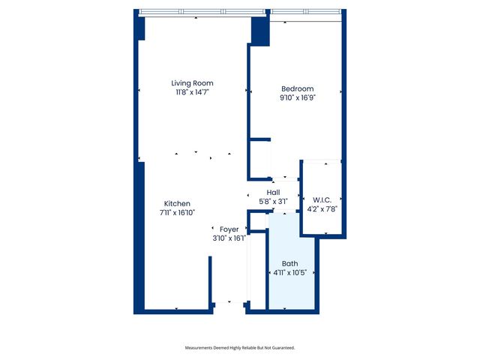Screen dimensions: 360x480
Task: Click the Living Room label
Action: [x=192, y=83]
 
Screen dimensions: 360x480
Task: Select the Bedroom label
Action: [x=297, y=89]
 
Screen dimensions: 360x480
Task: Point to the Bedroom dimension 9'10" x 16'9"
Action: [x=297, y=97]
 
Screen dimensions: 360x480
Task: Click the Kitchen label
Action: [x=177, y=204]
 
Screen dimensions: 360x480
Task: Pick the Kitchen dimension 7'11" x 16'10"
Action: [x=177, y=212]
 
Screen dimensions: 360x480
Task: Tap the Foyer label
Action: [x=229, y=229]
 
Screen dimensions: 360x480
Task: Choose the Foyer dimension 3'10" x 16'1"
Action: [x=229, y=238]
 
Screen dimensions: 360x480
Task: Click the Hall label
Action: [x=273, y=193]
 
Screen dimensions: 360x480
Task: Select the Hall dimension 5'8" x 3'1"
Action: [x=273, y=201]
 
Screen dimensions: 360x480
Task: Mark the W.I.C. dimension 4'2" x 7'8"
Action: [x=322, y=209]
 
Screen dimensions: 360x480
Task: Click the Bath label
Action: [x=289, y=263]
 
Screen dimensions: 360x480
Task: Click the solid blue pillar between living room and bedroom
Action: [x=259, y=31]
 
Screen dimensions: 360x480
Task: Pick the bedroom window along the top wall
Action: [x=304, y=13]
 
